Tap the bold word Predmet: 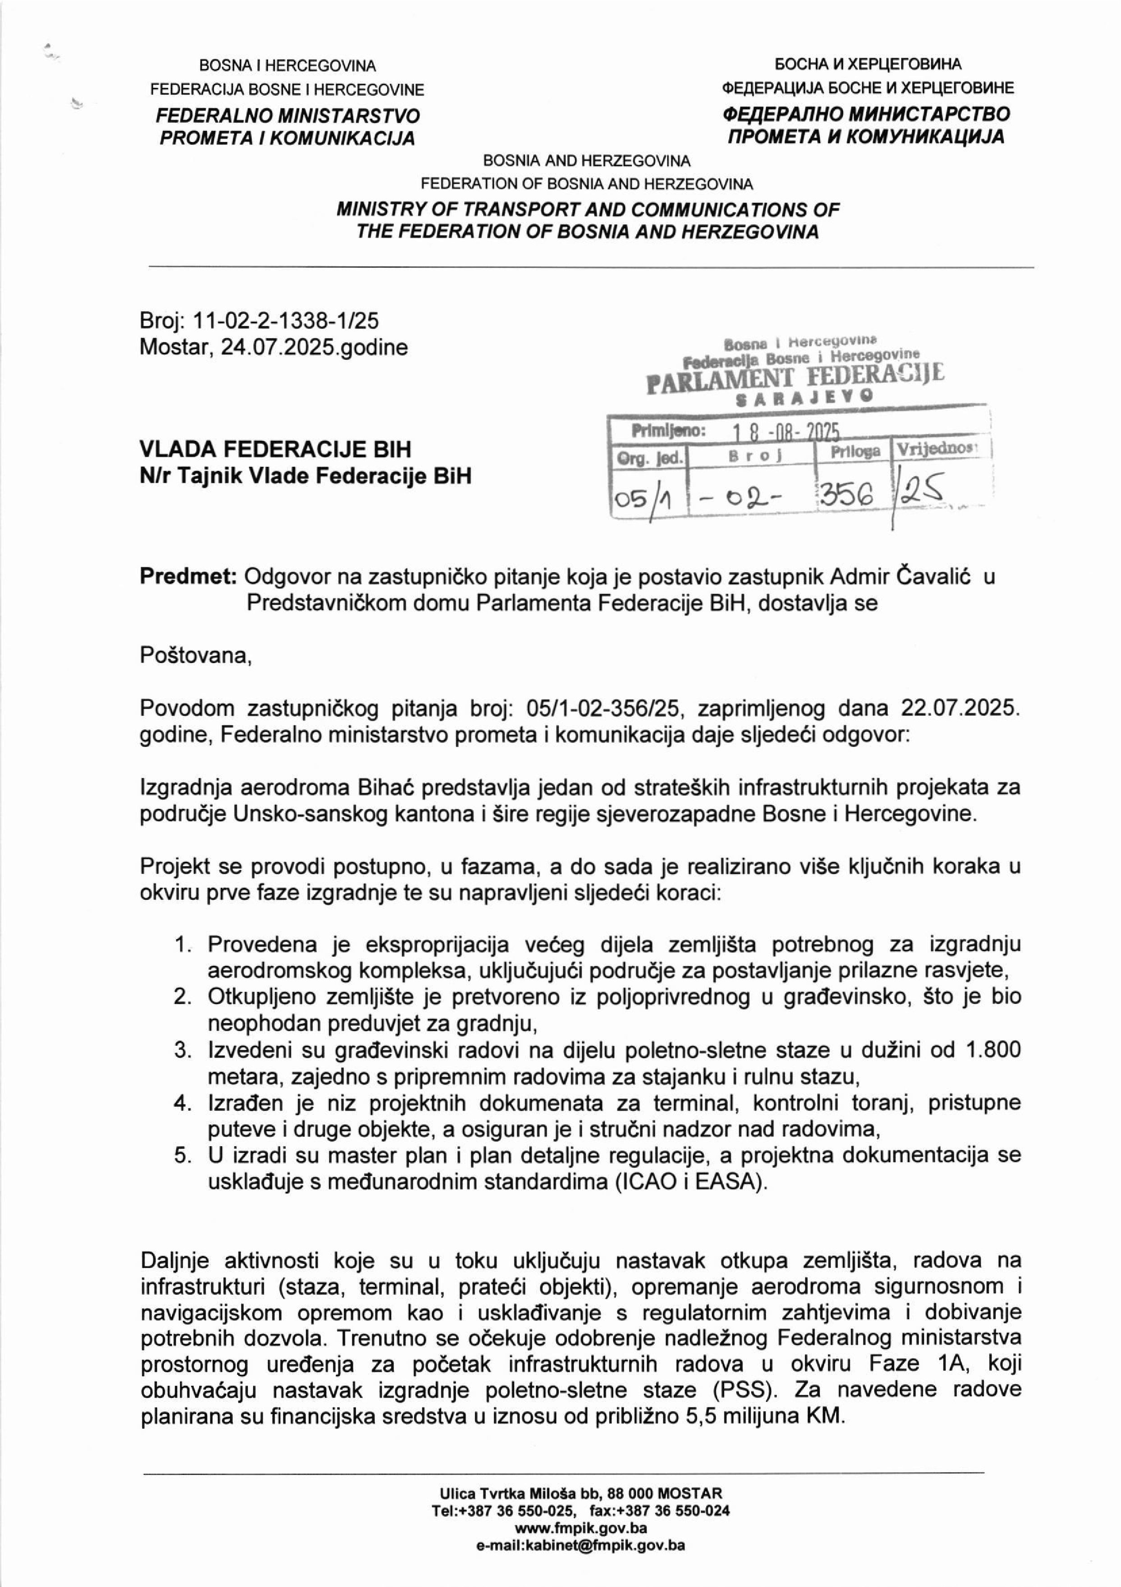[x=188, y=576]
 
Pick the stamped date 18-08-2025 [x=786, y=433]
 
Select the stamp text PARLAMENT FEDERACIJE [x=795, y=378]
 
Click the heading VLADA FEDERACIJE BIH [x=275, y=449]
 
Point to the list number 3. [x=182, y=1050]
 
